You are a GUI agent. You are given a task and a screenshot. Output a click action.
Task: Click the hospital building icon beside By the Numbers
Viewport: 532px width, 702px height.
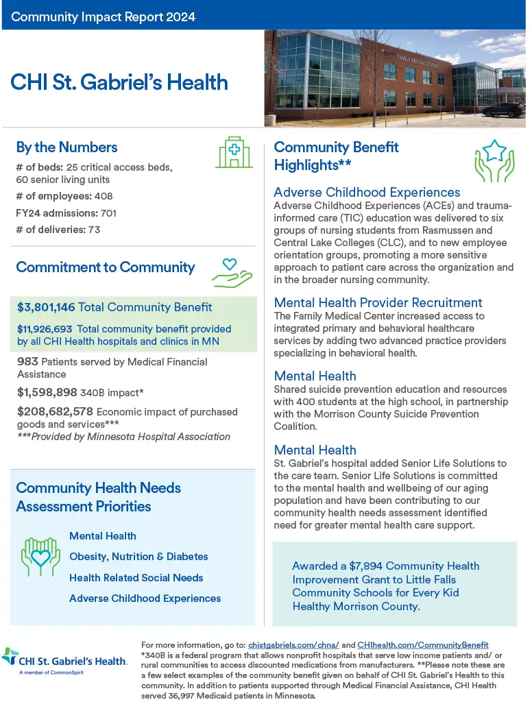234,152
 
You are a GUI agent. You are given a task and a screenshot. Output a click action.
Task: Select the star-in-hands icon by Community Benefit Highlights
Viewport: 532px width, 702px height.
494,165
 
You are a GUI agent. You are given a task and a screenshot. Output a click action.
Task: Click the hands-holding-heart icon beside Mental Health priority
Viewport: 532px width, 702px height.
41,556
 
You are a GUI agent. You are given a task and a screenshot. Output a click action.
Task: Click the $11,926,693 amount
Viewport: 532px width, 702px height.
47,329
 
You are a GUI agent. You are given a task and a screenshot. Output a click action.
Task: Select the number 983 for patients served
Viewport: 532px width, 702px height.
28,361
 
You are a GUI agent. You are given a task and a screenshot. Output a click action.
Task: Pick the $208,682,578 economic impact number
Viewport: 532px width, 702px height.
55,411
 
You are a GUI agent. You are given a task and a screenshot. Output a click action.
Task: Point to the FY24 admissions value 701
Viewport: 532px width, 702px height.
108,213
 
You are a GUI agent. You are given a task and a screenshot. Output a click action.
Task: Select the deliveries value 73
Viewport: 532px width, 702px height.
94,230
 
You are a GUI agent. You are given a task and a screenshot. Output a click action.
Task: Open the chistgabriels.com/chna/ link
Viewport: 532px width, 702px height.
293,645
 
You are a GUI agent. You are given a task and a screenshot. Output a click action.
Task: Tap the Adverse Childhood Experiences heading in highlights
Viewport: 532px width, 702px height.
367,193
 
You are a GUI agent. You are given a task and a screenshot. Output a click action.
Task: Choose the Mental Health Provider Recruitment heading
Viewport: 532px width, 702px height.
378,302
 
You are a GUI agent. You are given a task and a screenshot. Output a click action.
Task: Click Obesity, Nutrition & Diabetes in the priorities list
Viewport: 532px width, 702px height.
138,557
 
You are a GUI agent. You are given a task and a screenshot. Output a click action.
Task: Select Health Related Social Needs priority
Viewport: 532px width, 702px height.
136,577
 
